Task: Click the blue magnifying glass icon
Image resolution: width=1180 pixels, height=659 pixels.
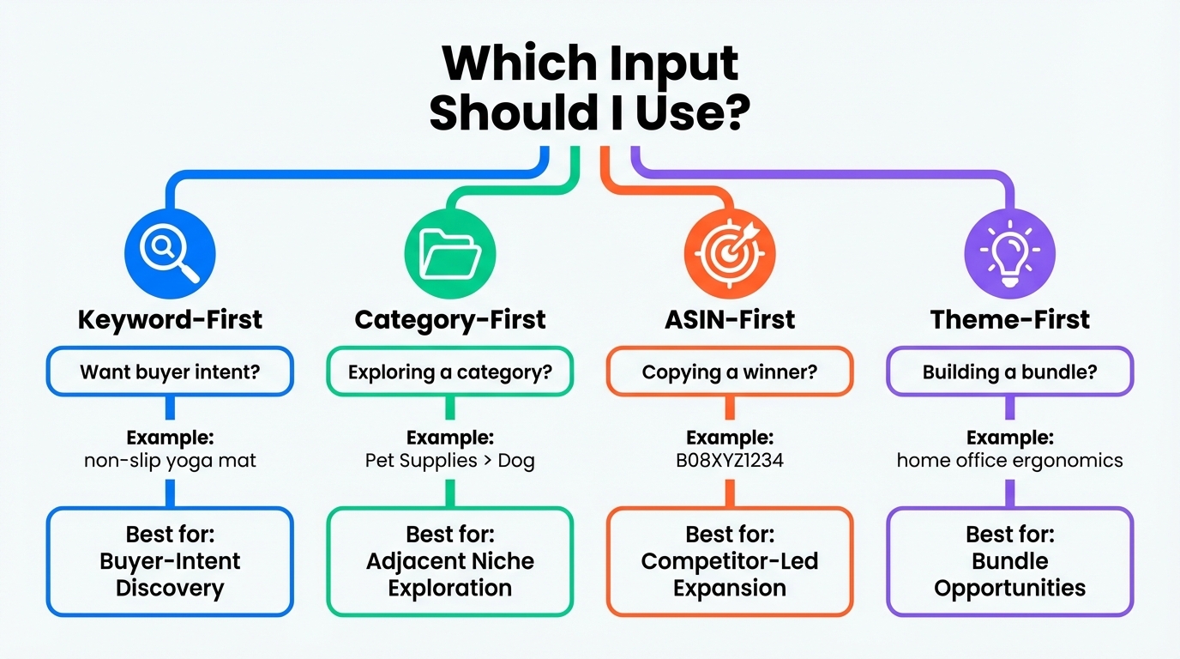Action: click(x=170, y=252)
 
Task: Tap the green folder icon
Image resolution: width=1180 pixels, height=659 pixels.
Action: click(x=449, y=252)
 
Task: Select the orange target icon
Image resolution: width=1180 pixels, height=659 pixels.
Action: click(x=730, y=252)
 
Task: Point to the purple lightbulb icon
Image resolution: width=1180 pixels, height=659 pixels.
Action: click(x=1009, y=252)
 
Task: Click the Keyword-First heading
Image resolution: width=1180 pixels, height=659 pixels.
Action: click(x=170, y=320)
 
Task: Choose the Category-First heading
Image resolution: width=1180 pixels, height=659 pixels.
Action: click(x=450, y=320)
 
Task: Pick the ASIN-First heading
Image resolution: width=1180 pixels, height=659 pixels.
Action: click(x=730, y=320)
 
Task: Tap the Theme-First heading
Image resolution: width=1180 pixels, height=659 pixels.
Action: click(x=1009, y=320)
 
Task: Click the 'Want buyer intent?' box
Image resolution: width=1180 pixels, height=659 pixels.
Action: click(x=170, y=372)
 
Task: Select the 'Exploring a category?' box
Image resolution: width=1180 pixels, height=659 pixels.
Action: click(x=450, y=372)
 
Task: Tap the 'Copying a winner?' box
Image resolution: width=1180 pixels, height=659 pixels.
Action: click(x=730, y=372)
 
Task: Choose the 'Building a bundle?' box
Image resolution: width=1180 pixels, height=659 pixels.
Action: click(x=1009, y=372)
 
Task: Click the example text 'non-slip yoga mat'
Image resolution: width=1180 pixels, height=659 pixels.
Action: click(x=170, y=460)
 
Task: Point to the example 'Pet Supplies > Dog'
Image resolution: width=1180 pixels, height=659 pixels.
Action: click(x=450, y=460)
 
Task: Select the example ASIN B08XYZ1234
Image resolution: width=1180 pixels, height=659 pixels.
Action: click(x=730, y=460)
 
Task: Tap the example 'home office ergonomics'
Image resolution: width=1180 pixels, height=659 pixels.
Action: click(x=1009, y=460)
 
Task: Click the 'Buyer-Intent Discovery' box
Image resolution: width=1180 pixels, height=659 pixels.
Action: click(x=170, y=561)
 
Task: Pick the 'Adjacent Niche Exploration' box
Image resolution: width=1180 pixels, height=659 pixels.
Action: click(x=450, y=561)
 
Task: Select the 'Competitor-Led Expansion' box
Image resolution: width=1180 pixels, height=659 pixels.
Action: click(x=730, y=561)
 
